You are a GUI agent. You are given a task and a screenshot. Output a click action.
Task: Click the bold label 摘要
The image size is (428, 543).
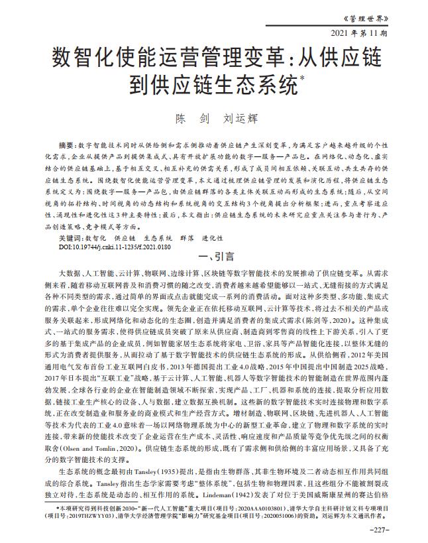coord(67,145)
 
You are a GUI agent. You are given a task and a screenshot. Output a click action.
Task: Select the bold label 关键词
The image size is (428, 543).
coord(71,218)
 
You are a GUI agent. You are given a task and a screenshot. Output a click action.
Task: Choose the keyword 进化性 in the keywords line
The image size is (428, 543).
coord(213,218)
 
